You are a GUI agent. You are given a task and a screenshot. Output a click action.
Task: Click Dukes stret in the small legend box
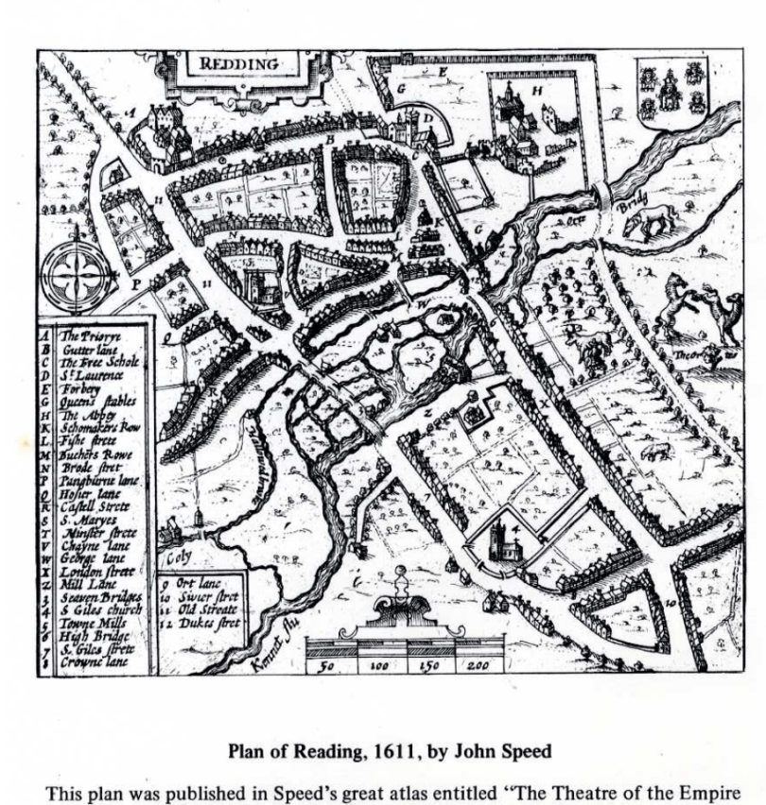[x=196, y=623]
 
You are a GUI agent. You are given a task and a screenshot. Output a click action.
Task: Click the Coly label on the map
[x=178, y=557]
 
